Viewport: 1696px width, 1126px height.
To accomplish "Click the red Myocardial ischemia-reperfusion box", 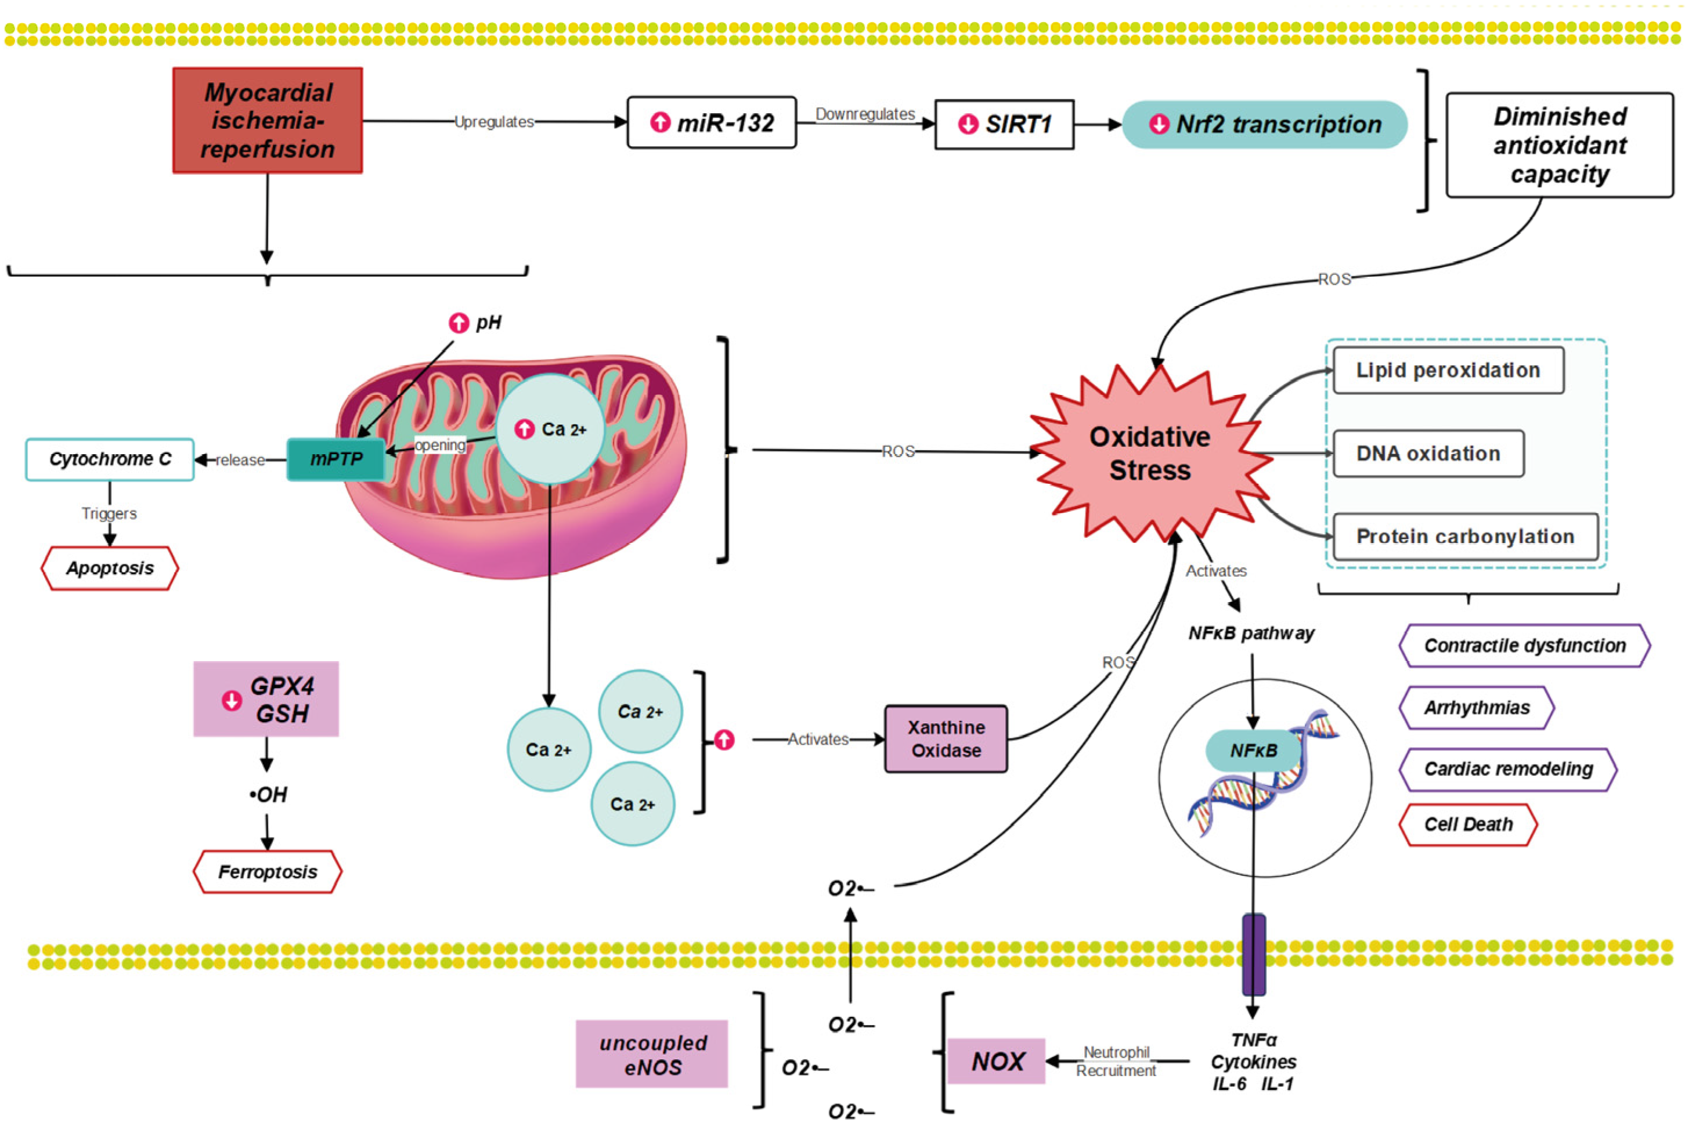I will point(267,121).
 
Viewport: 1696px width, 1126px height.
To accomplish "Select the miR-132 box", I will point(711,123).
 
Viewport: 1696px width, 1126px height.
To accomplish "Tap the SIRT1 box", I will point(1004,124).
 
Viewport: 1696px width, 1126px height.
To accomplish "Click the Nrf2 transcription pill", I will point(1264,124).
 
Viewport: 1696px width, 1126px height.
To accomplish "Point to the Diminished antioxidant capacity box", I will point(1559,145).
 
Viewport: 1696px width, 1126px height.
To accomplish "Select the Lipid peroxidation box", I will point(1448,371).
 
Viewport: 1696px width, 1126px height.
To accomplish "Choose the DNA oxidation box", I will point(1427,454).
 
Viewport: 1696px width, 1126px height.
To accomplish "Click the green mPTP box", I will point(335,459).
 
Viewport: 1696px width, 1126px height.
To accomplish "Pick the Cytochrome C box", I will point(110,459).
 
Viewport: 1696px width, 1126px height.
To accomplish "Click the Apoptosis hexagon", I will point(110,568).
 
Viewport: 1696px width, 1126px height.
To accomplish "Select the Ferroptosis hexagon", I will point(267,872).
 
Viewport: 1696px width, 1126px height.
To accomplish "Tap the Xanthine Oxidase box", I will point(946,739).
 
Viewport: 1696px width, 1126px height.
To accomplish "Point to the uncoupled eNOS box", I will point(652,1054).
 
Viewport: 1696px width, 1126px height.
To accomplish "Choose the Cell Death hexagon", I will point(1467,824).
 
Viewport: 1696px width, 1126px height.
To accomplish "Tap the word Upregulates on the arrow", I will point(493,122).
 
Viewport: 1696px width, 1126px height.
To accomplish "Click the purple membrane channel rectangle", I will point(1254,954).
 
